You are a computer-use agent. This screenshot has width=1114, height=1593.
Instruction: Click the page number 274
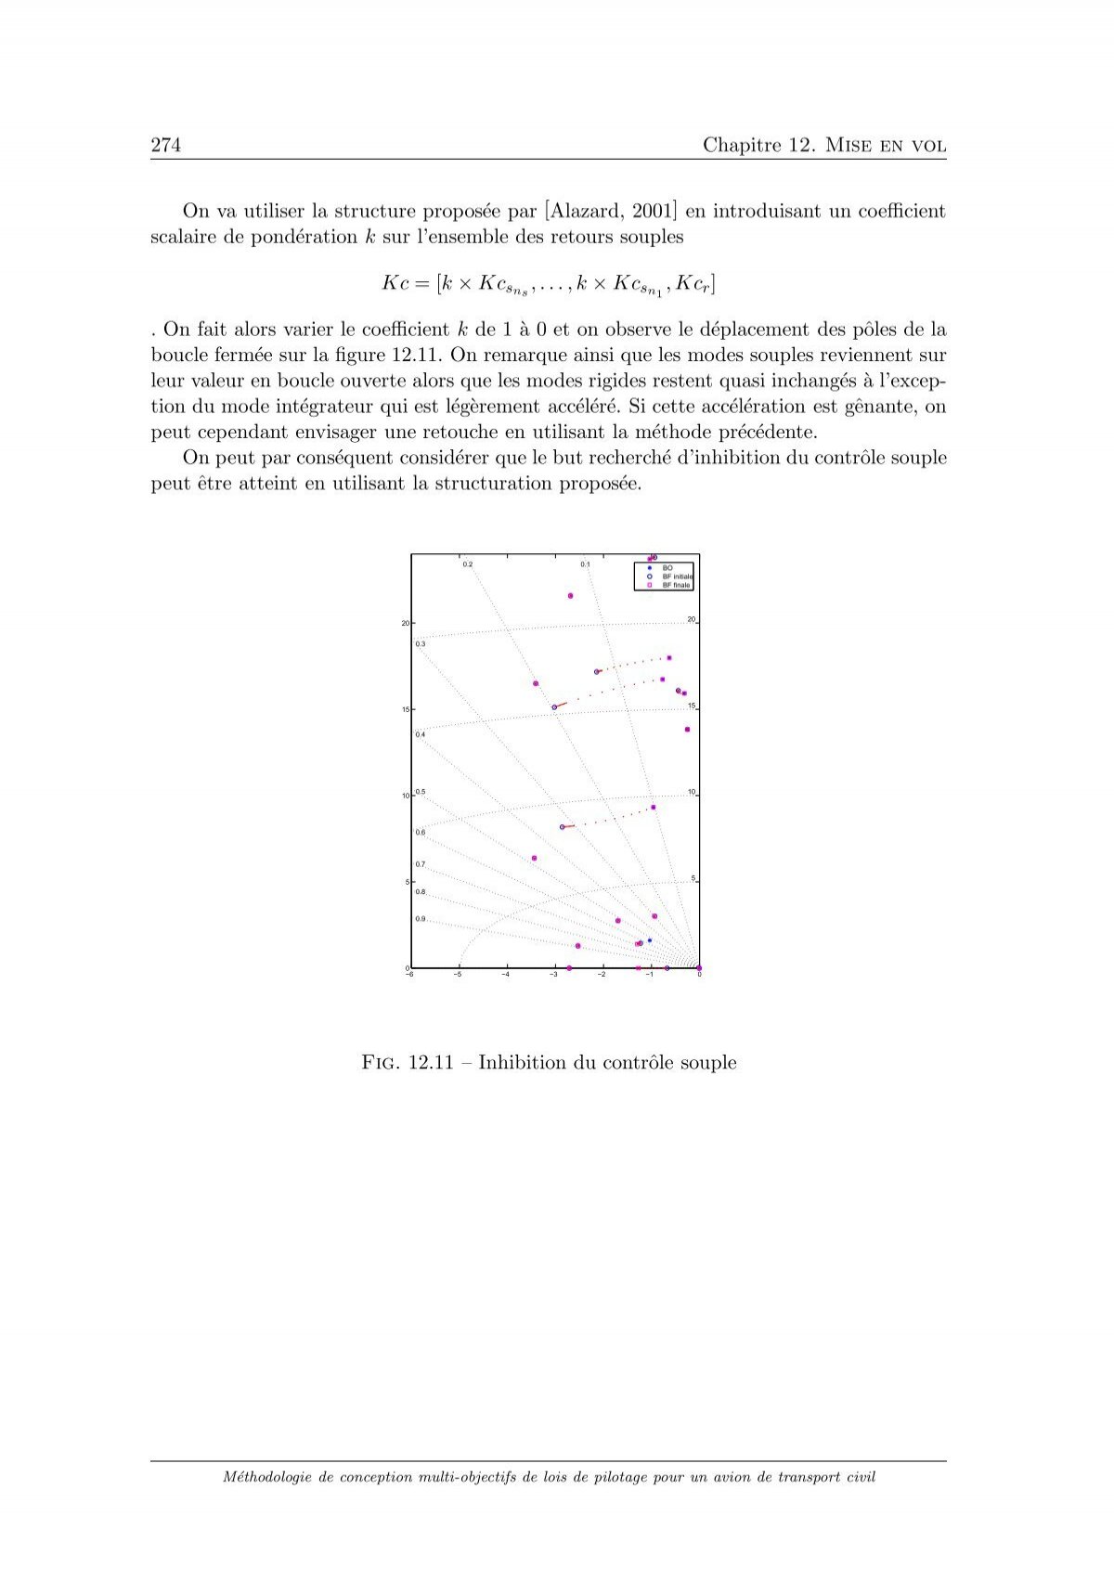coord(165,145)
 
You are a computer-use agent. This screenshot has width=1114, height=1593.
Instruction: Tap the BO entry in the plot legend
coord(667,567)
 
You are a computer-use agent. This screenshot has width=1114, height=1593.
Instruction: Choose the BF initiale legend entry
coord(677,576)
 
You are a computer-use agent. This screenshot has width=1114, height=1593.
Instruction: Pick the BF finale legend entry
coord(676,585)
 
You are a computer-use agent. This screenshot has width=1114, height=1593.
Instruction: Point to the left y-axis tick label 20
coord(405,623)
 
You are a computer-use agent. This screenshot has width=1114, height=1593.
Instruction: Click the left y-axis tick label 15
coord(405,709)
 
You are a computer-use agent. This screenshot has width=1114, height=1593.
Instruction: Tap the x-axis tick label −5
coord(458,975)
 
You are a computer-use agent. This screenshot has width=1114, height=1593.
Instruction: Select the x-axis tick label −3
coord(554,975)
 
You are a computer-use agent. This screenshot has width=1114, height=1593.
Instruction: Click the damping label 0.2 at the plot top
coord(468,564)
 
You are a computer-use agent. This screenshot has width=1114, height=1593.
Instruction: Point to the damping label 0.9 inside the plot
coord(421,919)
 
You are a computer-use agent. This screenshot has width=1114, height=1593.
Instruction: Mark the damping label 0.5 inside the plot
coord(421,792)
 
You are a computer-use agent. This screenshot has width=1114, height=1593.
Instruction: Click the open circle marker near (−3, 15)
coord(554,707)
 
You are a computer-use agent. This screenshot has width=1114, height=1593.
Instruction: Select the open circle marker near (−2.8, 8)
coord(562,827)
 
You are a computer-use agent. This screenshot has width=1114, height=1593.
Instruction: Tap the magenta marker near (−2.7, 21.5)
coord(570,596)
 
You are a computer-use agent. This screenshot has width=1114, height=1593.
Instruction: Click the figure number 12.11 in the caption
coord(431,1063)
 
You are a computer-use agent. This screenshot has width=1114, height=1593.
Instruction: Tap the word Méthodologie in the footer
coord(266,1477)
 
